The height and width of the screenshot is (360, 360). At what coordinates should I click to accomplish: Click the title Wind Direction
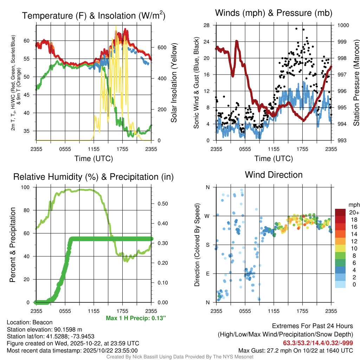pyautogui.click(x=274, y=175)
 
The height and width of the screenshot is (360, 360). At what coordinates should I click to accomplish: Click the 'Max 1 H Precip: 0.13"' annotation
pyautogui.click(x=136, y=318)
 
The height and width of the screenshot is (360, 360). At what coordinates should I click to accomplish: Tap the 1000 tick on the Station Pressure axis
pyautogui.click(x=343, y=25)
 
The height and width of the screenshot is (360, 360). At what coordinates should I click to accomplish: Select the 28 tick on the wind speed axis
pyautogui.click(x=206, y=25)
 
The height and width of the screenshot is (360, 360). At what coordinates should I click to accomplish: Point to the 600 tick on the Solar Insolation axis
pyautogui.click(x=159, y=47)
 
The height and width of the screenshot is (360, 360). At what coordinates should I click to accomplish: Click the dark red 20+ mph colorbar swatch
pyautogui.click(x=341, y=212)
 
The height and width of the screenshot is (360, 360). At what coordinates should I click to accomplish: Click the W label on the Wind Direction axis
pyautogui.click(x=207, y=216)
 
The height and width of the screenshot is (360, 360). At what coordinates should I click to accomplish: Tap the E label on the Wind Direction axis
pyautogui.click(x=207, y=274)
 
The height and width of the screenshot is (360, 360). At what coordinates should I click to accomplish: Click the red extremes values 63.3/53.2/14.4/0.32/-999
pyautogui.click(x=318, y=343)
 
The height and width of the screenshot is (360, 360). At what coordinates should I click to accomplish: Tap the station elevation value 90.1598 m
pyautogui.click(x=64, y=329)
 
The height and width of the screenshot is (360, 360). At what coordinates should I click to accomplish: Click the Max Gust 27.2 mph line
pyautogui.click(x=296, y=350)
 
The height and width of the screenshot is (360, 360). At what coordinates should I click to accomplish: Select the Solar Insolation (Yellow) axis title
pyautogui.click(x=174, y=83)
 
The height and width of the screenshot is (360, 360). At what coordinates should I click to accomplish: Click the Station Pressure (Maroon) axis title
pyautogui.click(x=356, y=83)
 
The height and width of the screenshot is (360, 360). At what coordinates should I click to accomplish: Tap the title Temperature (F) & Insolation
pyautogui.click(x=94, y=15)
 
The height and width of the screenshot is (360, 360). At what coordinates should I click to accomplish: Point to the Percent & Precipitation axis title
pyautogui.click(x=13, y=245)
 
